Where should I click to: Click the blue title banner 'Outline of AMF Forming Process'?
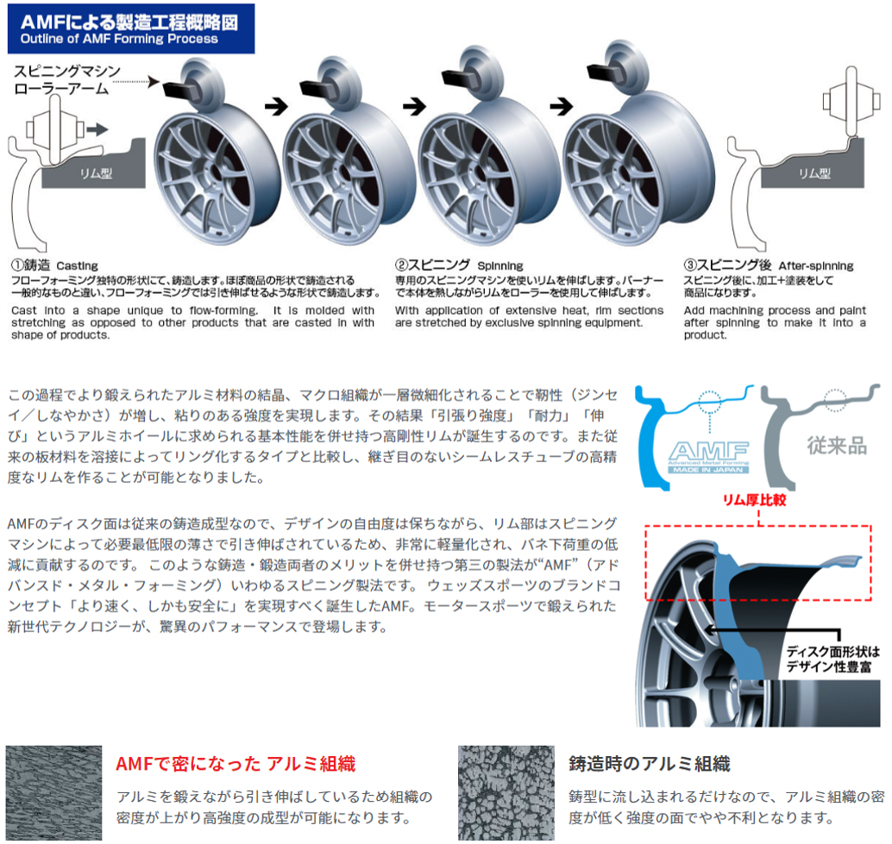(x=131, y=29)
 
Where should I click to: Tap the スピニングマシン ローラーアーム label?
(x=67, y=79)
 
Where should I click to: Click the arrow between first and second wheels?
(x=276, y=106)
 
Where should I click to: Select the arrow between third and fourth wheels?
(x=562, y=106)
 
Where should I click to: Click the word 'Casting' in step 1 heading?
(x=78, y=266)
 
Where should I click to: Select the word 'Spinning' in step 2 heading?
(x=500, y=266)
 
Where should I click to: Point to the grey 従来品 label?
(x=837, y=446)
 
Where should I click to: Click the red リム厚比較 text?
(x=754, y=499)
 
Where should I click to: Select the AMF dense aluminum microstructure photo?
(x=54, y=793)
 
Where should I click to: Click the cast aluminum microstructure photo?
(x=506, y=793)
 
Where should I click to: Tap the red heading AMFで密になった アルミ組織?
(x=236, y=763)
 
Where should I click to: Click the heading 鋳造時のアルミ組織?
(x=649, y=763)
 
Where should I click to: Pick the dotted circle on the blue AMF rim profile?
(x=709, y=400)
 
